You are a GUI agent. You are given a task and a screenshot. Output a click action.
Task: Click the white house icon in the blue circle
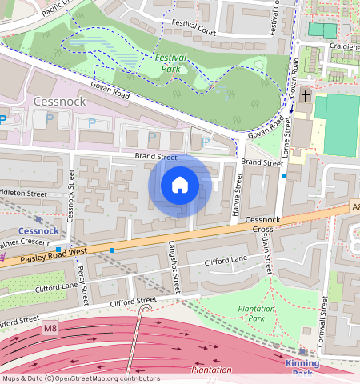point(180,186)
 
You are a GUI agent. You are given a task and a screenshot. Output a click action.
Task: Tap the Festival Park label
point(170,63)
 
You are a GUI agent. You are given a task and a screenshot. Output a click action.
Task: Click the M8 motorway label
point(51,328)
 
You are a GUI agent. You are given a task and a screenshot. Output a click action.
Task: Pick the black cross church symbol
point(305,97)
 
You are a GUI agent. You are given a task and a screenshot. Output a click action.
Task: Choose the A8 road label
point(355,207)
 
